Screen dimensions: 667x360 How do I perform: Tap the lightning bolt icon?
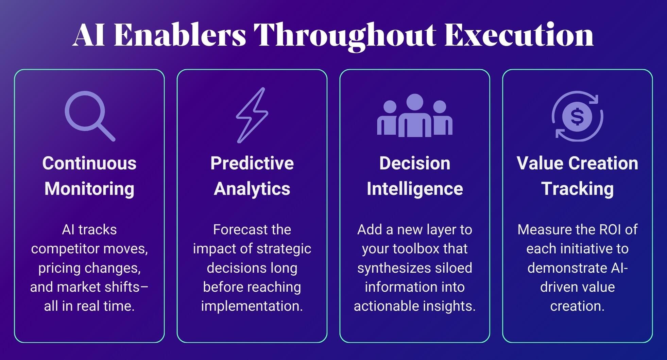tap(252, 115)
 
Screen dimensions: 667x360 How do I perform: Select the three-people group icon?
tap(415, 115)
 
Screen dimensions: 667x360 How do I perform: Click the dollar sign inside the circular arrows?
tap(577, 116)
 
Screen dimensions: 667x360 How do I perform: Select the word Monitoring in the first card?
tap(89, 189)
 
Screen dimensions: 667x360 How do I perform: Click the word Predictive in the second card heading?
tap(252, 163)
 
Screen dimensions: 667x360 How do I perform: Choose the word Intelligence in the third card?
tap(415, 189)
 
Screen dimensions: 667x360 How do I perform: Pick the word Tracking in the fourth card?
tap(577, 189)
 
